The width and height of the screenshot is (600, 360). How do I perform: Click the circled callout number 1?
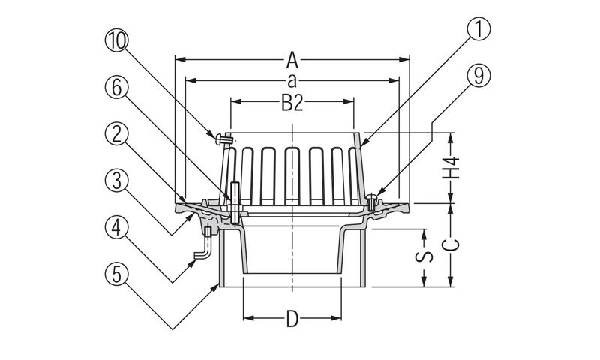pos(478,31)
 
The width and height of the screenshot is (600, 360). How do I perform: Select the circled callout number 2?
pos(115,134)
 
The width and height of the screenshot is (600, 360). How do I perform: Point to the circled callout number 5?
pos(115,271)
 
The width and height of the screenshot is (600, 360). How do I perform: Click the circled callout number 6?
pos(115,88)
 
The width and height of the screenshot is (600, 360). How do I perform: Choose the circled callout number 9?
pos(478,75)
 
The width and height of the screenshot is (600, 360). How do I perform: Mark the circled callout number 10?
pos(115,42)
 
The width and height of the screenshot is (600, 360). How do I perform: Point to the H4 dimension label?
pos(450,169)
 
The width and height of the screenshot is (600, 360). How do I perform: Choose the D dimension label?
pos(292,320)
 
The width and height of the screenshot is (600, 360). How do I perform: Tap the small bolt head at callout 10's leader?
pos(221,138)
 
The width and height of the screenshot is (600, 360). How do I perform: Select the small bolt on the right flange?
pos(373,200)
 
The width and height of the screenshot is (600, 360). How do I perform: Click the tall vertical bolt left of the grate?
pos(235,202)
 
